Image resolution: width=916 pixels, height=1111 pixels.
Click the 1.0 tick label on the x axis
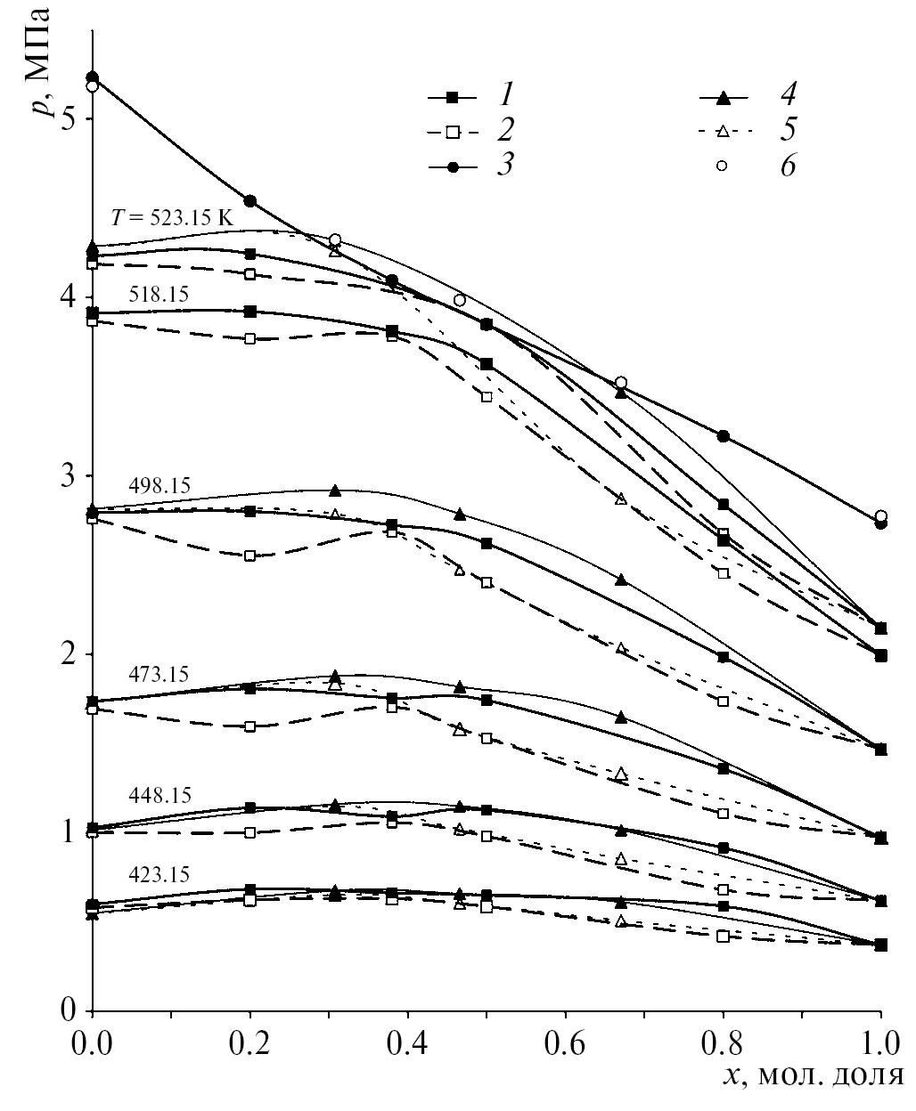point(880,1041)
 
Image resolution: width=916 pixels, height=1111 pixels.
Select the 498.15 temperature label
point(159,486)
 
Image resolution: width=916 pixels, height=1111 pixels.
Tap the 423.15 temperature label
point(159,875)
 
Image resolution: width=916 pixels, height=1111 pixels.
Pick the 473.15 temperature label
point(159,674)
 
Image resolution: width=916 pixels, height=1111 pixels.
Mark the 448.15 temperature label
point(159,795)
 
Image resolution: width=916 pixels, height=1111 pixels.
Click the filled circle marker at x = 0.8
point(723,436)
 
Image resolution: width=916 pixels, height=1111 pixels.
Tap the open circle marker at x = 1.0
point(880,516)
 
